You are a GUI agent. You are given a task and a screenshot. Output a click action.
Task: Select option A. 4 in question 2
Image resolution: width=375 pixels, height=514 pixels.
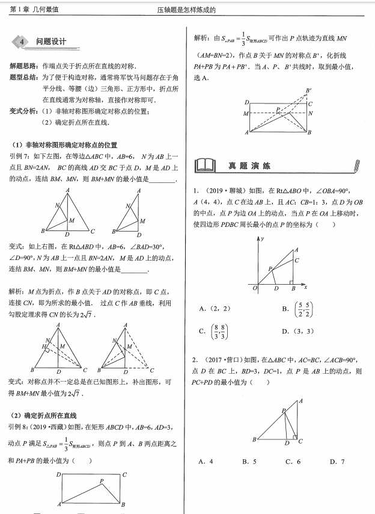tap(206, 462)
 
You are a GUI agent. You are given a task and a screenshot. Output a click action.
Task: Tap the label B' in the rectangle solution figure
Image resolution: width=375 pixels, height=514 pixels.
tap(309, 91)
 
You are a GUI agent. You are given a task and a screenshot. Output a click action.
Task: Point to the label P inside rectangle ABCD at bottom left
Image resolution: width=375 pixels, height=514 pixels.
tap(102, 480)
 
